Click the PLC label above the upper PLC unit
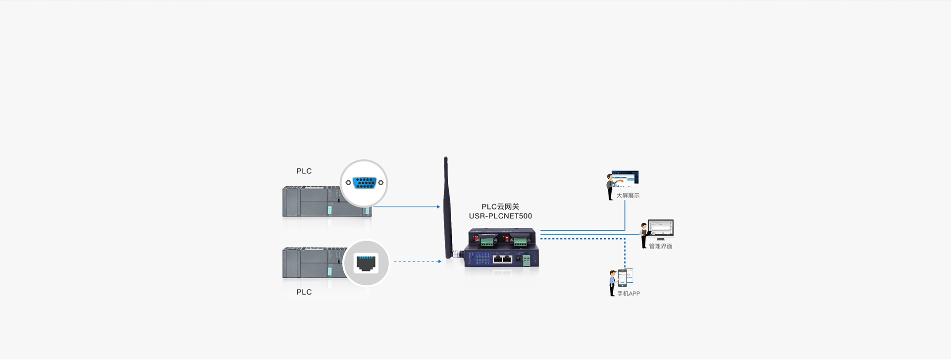[304, 171]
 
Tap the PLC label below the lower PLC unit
[304, 292]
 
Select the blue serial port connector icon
[365, 183]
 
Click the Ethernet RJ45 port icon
[366, 263]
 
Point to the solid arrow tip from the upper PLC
[438, 207]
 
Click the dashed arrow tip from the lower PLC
[439, 261]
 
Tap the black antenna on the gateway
[447, 208]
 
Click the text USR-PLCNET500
[500, 216]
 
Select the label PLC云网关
[500, 207]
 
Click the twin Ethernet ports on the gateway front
[503, 258]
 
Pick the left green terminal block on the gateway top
[487, 242]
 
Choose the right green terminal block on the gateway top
[520, 242]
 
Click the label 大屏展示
[628, 196]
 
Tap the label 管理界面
[660, 246]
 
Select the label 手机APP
[628, 294]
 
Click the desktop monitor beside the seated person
[661, 229]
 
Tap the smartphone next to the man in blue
[623, 277]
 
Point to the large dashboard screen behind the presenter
[626, 177]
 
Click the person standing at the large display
[610, 187]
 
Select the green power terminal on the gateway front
[526, 259]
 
